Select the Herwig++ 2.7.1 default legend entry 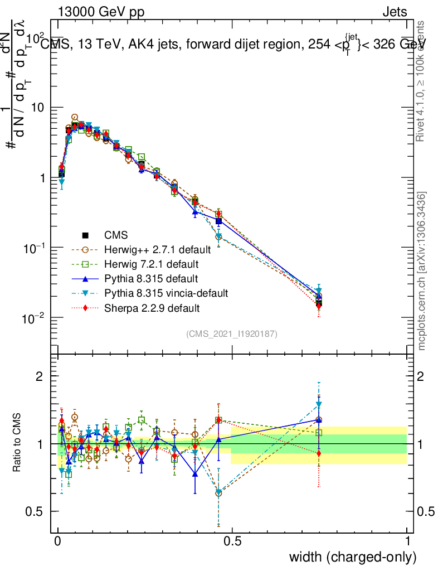[x=158, y=249]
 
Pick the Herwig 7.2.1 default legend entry [x=152, y=264]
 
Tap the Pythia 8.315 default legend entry [x=151, y=278]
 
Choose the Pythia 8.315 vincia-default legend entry [x=166, y=293]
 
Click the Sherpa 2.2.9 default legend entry [x=152, y=307]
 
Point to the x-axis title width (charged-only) [x=352, y=557]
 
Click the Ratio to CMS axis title [x=18, y=443]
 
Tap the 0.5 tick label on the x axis [x=232, y=541]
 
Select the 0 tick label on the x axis [x=58, y=541]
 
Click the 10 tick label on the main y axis [x=39, y=108]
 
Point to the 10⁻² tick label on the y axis [x=33, y=317]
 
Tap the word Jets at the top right [x=395, y=12]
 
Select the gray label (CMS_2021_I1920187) [x=232, y=334]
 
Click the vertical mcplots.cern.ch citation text [x=422, y=272]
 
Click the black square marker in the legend [x=86, y=235]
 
